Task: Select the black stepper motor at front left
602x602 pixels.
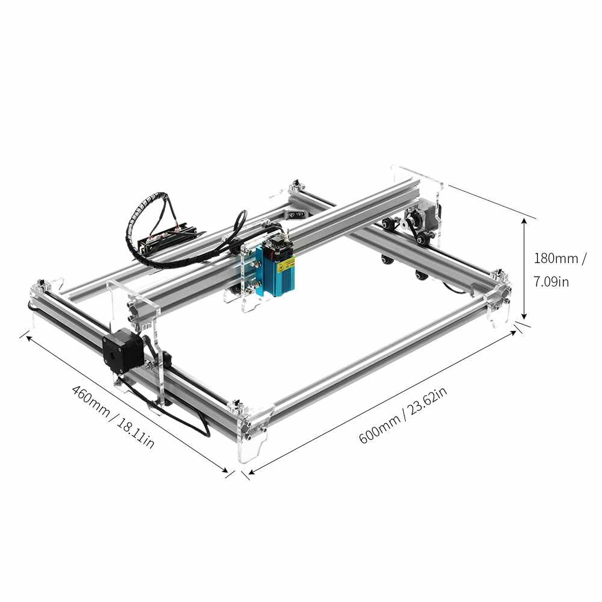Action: (123, 352)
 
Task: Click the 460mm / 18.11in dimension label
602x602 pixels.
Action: (113, 417)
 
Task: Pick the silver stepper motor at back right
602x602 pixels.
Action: (423, 215)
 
